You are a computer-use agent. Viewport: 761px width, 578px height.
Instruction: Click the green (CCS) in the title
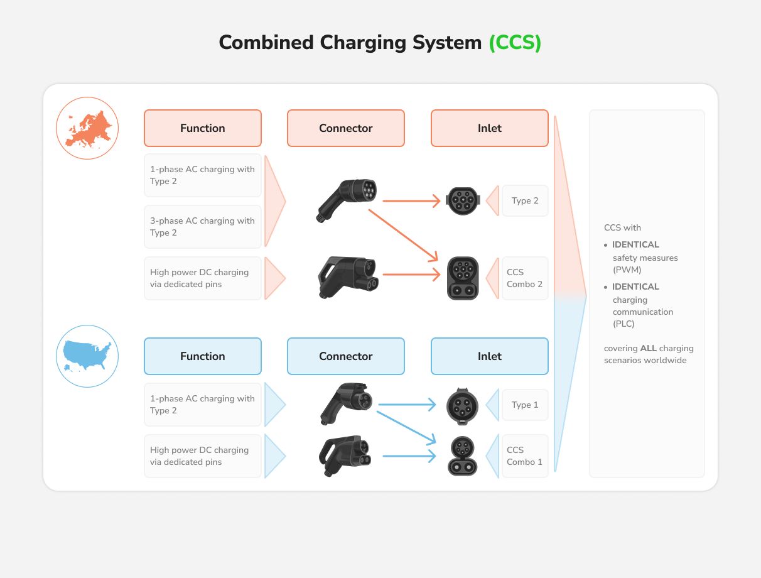point(515,43)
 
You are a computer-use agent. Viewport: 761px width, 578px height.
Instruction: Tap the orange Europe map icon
point(87,128)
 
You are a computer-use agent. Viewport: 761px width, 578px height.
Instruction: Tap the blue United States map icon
point(87,356)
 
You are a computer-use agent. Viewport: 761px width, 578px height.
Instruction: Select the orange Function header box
point(202,128)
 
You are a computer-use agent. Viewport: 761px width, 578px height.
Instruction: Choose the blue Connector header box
point(345,356)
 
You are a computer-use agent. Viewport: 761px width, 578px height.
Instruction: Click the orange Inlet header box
point(489,128)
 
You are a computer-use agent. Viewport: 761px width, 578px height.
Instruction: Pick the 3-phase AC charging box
point(202,227)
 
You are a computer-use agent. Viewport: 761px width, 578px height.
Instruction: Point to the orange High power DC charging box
point(202,278)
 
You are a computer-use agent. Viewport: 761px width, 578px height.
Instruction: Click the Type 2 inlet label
point(525,201)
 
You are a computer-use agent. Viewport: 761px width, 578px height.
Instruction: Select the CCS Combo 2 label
point(525,278)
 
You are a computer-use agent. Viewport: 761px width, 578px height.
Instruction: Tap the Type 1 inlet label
point(525,405)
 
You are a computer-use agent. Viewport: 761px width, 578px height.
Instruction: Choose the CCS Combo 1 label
point(525,456)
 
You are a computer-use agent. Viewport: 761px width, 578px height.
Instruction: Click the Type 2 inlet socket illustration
point(463,201)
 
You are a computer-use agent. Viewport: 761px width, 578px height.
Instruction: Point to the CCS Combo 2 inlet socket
point(463,278)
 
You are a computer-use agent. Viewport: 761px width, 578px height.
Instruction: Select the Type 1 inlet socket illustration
point(463,406)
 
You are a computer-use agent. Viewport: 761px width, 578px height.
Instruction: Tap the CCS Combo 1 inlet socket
point(463,456)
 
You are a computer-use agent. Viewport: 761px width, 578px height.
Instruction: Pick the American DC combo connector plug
point(345,455)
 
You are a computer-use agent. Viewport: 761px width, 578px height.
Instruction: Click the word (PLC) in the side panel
point(623,324)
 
